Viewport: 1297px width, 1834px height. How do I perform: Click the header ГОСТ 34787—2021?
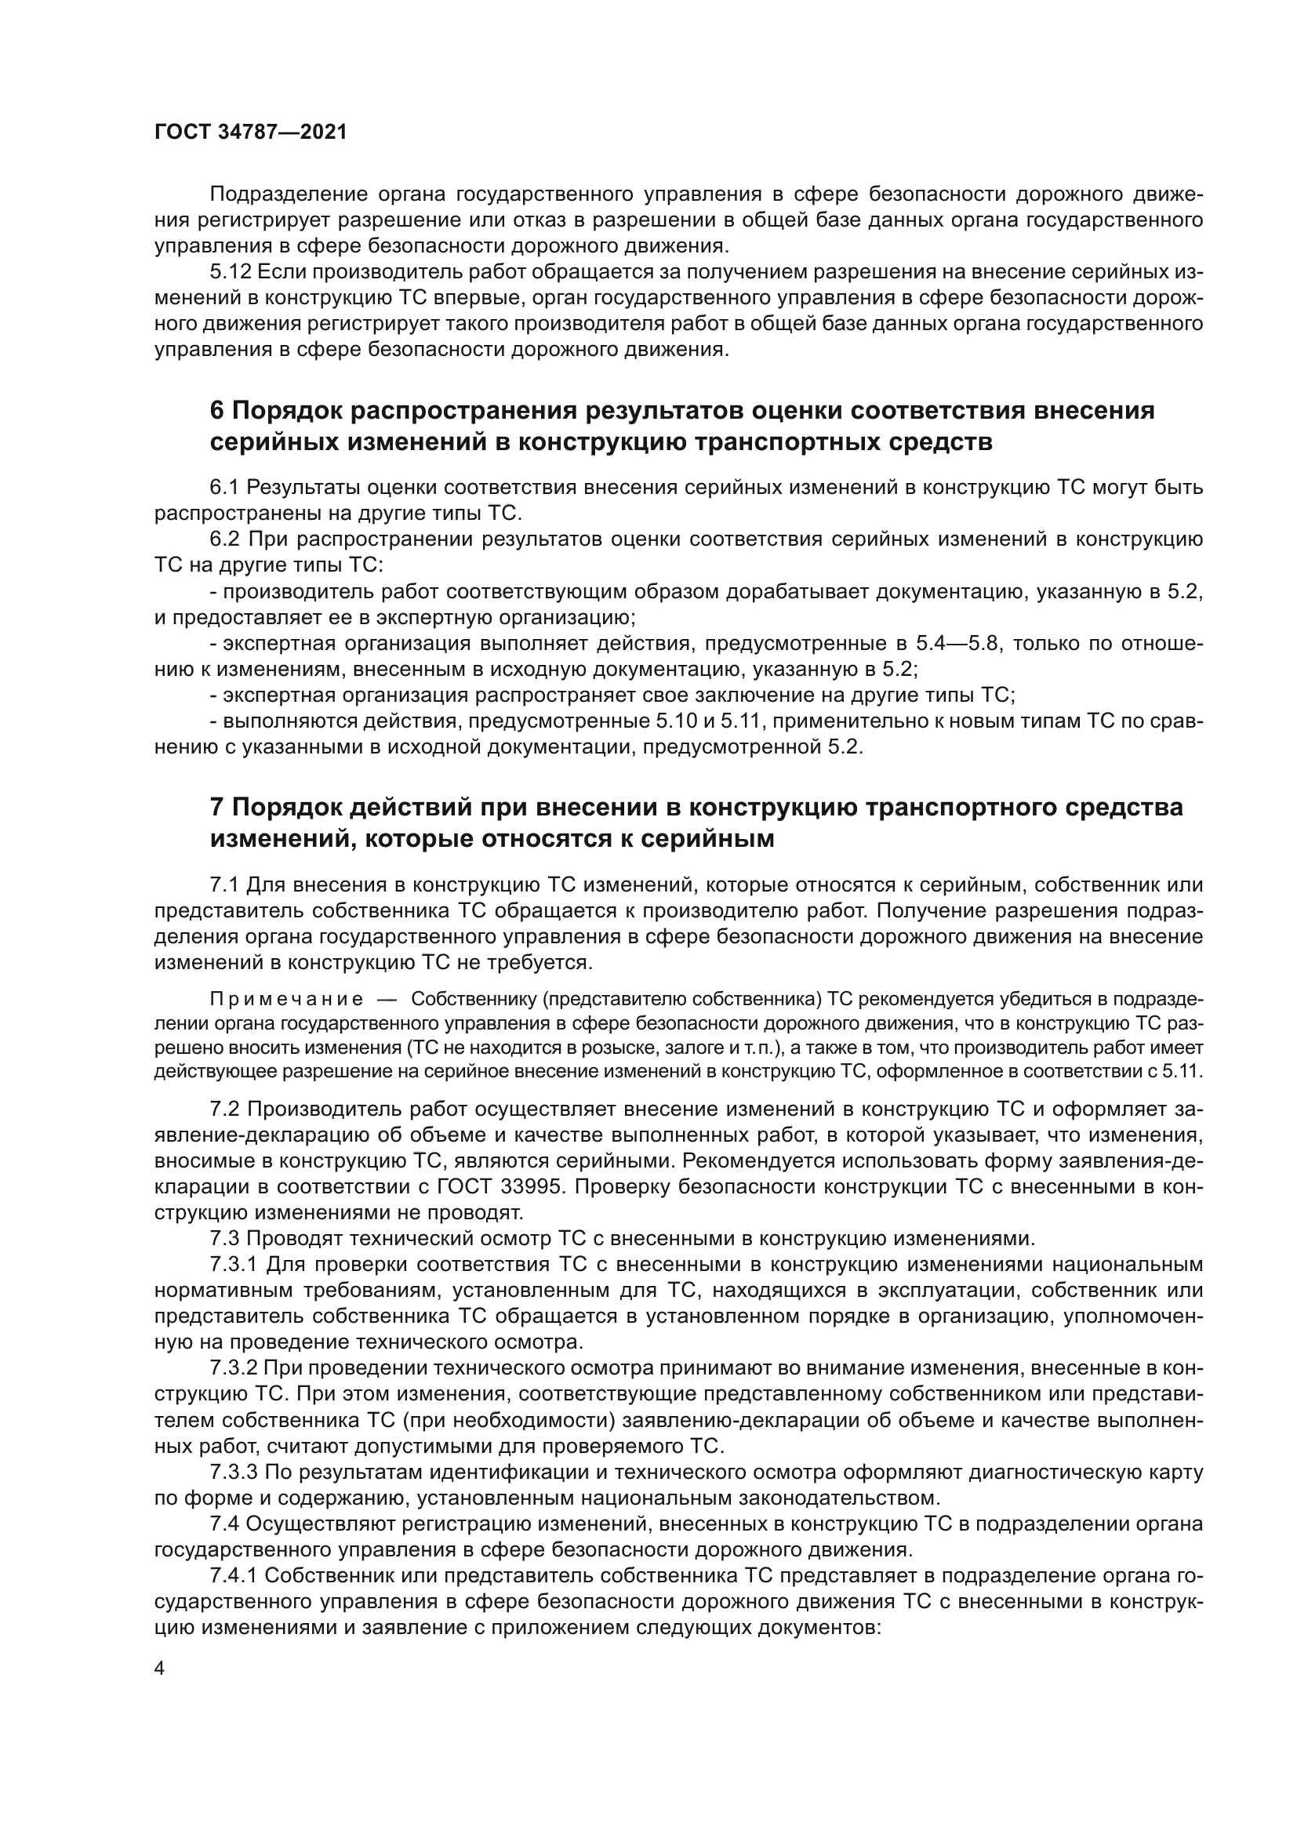[251, 133]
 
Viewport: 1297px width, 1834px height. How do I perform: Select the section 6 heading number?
[217, 411]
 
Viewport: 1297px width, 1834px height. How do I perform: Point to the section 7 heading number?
[217, 808]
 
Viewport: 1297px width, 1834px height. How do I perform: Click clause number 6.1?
[224, 487]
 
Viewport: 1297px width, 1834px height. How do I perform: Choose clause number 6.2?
[224, 539]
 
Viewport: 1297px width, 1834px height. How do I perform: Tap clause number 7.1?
[224, 885]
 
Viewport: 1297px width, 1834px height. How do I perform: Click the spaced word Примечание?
[286, 1000]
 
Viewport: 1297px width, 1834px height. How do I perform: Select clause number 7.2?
[224, 1109]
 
